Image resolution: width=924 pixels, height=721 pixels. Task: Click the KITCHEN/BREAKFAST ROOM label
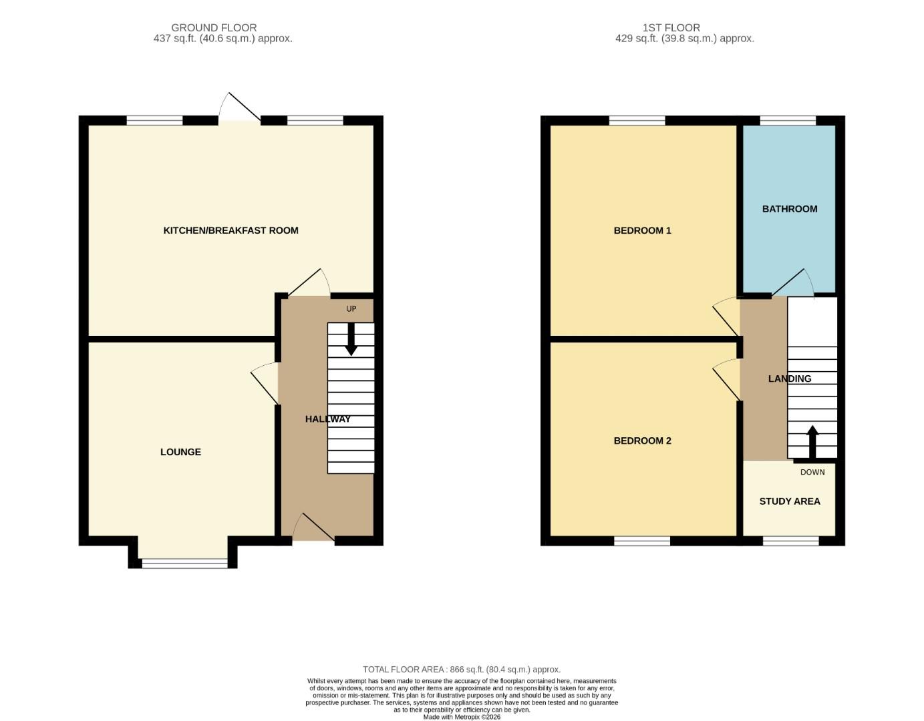point(230,230)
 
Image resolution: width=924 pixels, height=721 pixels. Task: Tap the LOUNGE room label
point(180,452)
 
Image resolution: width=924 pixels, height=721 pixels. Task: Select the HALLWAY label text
point(327,419)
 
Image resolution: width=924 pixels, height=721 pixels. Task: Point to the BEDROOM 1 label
point(642,230)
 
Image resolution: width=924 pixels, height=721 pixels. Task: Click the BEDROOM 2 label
point(642,441)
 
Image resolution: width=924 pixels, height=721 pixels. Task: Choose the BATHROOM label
point(790,209)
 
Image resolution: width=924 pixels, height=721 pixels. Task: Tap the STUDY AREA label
point(789,501)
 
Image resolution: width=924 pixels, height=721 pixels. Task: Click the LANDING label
point(790,379)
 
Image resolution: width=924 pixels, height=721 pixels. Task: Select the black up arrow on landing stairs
point(812,441)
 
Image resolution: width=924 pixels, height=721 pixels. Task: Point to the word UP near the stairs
point(351,309)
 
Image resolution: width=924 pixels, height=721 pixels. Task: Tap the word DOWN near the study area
point(812,472)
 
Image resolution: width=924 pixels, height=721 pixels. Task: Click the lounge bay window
point(184,563)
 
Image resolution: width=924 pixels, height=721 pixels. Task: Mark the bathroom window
point(788,121)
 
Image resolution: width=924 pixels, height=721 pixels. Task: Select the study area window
point(790,541)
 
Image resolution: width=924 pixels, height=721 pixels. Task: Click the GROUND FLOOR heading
point(214,27)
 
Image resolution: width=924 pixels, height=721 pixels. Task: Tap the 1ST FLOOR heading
point(671,27)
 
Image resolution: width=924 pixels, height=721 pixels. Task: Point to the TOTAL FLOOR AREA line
point(462,669)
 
